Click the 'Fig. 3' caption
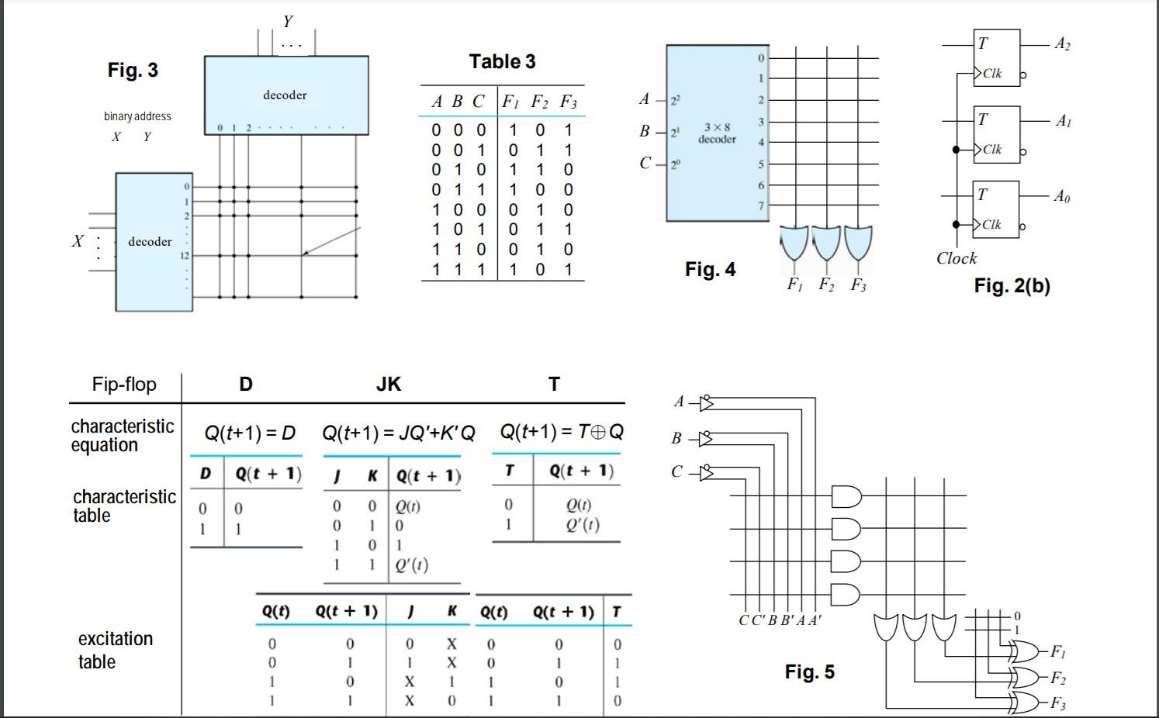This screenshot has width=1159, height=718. pos(133,71)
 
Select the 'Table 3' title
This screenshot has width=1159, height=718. pos(502,62)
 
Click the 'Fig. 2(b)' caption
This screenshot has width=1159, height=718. pos(1012,286)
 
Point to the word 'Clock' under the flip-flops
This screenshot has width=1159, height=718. pos(956,258)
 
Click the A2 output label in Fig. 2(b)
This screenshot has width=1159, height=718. pos(1062,44)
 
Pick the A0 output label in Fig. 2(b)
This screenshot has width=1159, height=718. pos(1062,197)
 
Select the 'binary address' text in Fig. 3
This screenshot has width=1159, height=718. pos(137,116)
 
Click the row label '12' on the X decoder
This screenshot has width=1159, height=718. pos(185,255)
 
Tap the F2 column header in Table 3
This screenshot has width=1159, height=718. pos(538,102)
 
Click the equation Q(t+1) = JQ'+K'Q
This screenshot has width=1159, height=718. pos(399,433)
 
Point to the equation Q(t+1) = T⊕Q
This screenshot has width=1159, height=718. pos(561,432)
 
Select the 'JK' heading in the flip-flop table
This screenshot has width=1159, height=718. pos(388,384)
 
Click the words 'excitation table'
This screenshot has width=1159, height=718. pos(115,650)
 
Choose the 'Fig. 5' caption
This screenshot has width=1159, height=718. pos(809,671)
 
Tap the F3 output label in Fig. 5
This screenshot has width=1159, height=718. pos(1057,703)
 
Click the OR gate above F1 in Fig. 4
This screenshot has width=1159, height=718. pos(795,243)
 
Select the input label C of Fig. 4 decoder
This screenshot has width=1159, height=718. pos(645,163)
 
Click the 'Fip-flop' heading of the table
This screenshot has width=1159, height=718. pos(124,385)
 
